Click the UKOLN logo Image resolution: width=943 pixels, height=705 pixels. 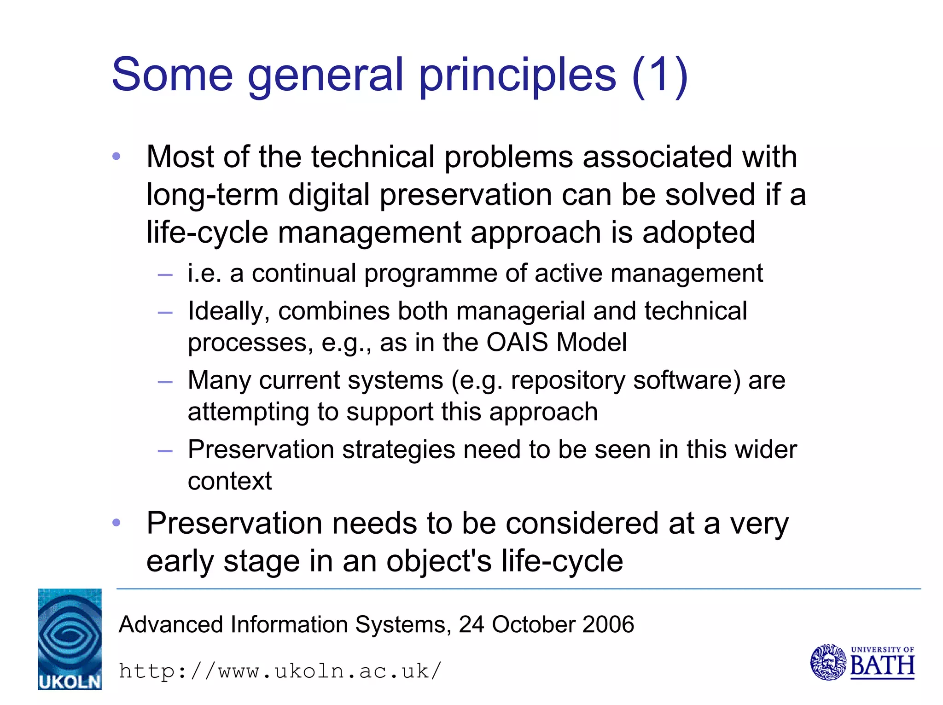tap(70, 639)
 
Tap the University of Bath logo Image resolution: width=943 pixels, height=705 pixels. tap(862, 662)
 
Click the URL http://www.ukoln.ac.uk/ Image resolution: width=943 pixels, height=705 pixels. tap(280, 671)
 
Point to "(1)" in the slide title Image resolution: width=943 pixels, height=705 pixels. tap(660, 75)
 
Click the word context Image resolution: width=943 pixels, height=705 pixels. tap(230, 481)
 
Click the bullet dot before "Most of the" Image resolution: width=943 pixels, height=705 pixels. tap(116, 157)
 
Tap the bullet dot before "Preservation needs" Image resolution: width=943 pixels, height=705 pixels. tap(116, 523)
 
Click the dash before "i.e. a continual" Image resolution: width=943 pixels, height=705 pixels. tap(165, 275)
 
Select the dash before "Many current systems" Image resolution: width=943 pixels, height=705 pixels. tap(165, 382)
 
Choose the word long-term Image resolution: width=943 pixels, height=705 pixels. tap(212, 195)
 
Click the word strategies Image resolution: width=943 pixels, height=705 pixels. tap(399, 450)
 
